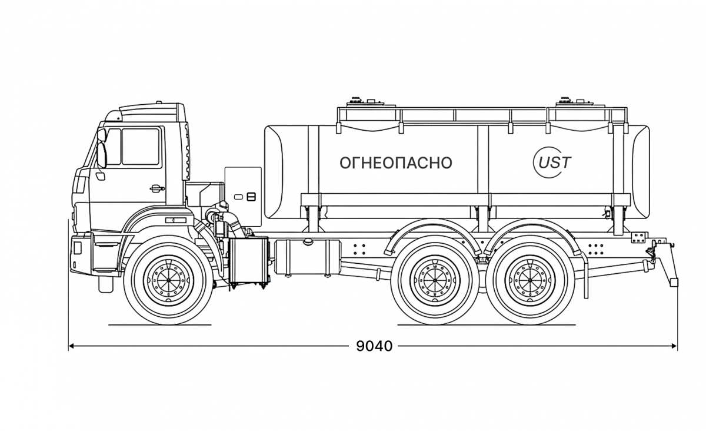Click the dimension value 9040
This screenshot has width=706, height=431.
pyautogui.click(x=374, y=346)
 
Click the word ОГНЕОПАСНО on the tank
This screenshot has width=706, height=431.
pyautogui.click(x=396, y=163)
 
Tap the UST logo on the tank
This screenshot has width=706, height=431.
pyautogui.click(x=551, y=162)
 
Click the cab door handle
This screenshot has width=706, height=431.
pyautogui.click(x=156, y=188)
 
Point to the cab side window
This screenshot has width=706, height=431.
pyautogui.click(x=140, y=147)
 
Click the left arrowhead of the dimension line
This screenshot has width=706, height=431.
pyautogui.click(x=71, y=346)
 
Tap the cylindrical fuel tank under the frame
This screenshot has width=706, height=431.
pyautogui.click(x=307, y=256)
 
